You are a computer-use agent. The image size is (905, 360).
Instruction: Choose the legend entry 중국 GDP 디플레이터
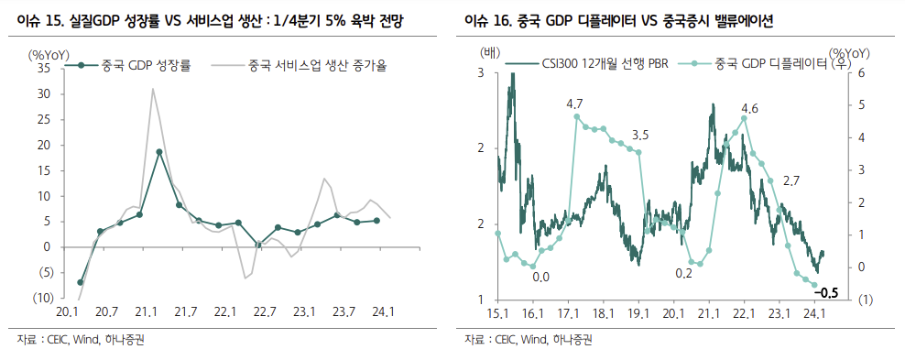(769, 65)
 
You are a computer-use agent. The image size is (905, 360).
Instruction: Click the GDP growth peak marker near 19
(159, 152)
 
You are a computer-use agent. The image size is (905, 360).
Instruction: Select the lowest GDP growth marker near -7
(81, 282)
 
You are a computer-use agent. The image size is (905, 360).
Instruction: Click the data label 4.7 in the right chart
(575, 103)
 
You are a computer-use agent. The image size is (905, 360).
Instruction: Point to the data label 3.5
(640, 136)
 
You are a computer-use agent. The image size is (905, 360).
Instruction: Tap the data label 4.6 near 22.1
(748, 108)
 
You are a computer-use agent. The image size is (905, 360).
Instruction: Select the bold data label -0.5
(827, 293)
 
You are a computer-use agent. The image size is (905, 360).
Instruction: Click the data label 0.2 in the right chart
(683, 273)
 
